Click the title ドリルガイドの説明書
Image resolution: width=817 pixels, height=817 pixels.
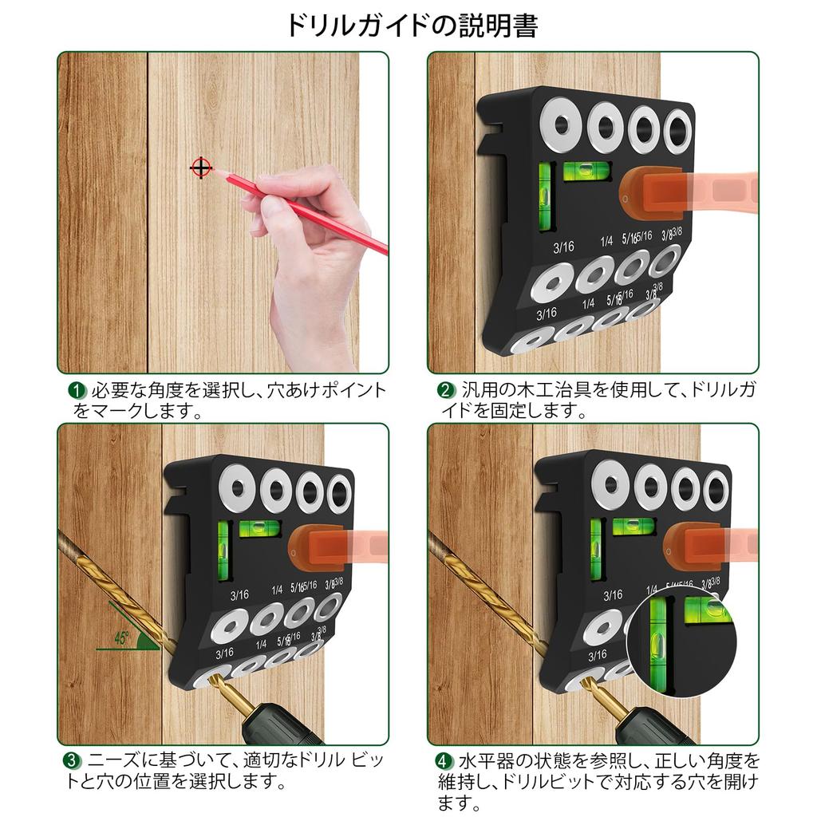pyautogui.click(x=412, y=26)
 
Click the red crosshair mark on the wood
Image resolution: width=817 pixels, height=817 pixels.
pyautogui.click(x=201, y=168)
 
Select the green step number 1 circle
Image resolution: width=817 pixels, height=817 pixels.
pyautogui.click(x=77, y=391)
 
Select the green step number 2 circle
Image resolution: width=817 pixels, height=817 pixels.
pyautogui.click(x=445, y=391)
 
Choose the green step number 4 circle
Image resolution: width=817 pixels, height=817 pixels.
pyautogui.click(x=444, y=760)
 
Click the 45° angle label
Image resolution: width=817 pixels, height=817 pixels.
pyautogui.click(x=122, y=637)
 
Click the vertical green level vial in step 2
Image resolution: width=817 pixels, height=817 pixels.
pyautogui.click(x=546, y=196)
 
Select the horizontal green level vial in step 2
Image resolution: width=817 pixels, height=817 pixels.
pyautogui.click(x=586, y=170)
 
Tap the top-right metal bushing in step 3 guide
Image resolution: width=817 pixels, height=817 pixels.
pyautogui.click(x=339, y=494)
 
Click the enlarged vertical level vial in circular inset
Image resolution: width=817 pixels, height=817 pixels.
pyautogui.click(x=659, y=635)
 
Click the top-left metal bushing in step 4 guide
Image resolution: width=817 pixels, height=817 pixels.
pyautogui.click(x=611, y=486)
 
